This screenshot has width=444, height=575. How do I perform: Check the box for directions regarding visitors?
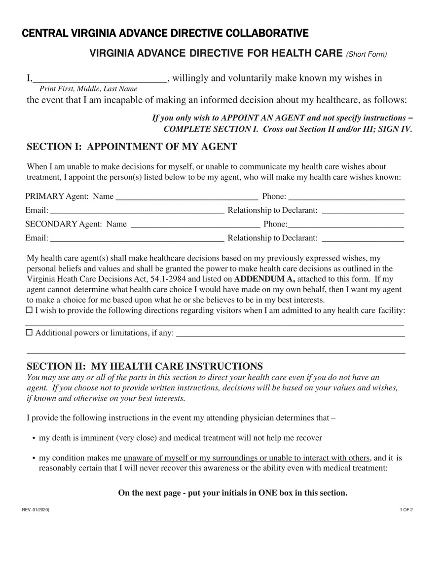[x=29, y=310]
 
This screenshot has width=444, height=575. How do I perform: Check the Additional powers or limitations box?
[x=29, y=333]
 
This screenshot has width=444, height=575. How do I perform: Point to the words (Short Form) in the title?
[x=367, y=54]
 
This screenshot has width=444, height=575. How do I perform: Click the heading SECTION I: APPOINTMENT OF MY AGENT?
[x=132, y=147]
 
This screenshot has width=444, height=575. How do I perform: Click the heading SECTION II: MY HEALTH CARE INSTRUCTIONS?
[x=145, y=366]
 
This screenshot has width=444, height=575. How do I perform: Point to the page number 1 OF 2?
[x=407, y=509]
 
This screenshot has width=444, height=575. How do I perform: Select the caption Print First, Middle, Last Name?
[x=88, y=89]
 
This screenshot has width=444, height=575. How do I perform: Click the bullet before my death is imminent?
[x=33, y=438]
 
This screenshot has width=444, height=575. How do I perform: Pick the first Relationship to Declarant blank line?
[x=363, y=211]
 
